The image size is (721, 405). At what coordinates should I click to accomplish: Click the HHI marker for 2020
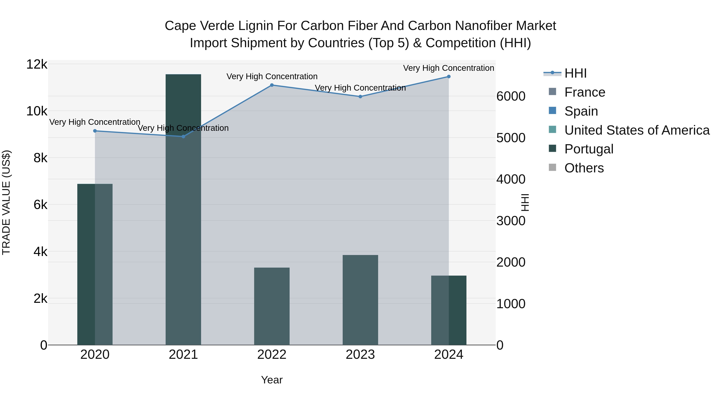[x=95, y=131]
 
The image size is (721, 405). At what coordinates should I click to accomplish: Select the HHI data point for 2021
[x=183, y=136]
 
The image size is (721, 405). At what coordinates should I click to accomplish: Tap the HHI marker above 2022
[x=272, y=85]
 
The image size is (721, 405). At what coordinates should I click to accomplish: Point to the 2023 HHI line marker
[x=360, y=96]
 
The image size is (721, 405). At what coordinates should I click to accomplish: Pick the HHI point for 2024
[x=449, y=77]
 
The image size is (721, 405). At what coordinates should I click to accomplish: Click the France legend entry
[x=585, y=92]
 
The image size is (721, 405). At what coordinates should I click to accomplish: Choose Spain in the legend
[x=581, y=111]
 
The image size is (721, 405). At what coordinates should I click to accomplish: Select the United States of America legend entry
[x=637, y=130]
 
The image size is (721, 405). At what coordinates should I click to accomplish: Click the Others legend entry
[x=584, y=168]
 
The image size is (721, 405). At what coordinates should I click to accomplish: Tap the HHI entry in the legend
[x=575, y=73]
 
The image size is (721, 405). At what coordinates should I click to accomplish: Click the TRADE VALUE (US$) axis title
[x=6, y=202]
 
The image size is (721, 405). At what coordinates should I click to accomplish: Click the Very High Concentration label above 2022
[x=272, y=76]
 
